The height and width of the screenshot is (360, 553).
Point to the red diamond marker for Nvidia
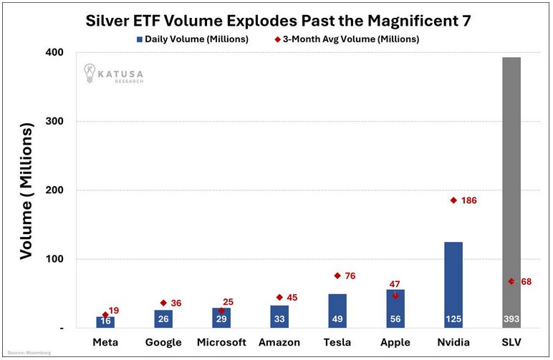pyautogui.click(x=453, y=200)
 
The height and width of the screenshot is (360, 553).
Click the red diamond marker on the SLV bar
pyautogui.click(x=511, y=281)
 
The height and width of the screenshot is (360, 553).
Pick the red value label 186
pyautogui.click(x=468, y=201)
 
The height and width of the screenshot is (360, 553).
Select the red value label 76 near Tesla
pyautogui.click(x=350, y=276)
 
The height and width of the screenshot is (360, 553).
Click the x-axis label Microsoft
pyautogui.click(x=221, y=342)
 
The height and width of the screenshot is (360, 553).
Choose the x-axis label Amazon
pyautogui.click(x=279, y=342)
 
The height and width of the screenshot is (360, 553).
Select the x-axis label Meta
pyautogui.click(x=105, y=342)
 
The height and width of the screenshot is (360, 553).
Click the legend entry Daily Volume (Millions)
pyautogui.click(x=191, y=39)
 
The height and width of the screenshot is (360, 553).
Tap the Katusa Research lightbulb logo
pyautogui.click(x=90, y=72)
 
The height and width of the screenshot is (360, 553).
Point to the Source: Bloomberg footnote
pyautogui.click(x=24, y=353)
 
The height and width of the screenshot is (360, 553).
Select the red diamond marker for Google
pyautogui.click(x=163, y=303)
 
